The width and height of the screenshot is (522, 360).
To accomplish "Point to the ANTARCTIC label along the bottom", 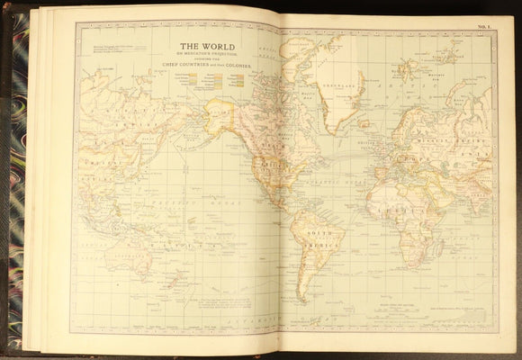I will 261,320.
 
